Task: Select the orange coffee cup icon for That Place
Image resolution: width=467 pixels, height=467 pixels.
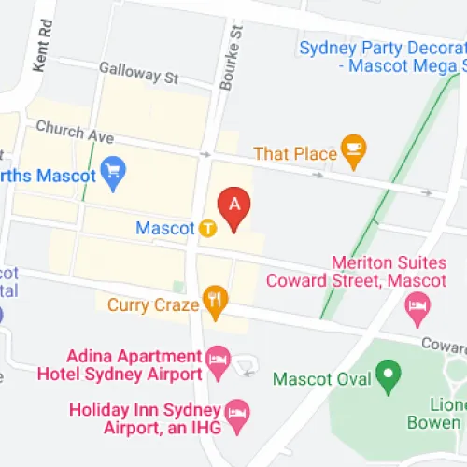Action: coord(354,149)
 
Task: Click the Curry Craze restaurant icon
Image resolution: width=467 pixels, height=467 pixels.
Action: coord(216,303)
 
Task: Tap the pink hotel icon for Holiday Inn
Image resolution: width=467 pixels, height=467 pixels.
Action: coord(238,413)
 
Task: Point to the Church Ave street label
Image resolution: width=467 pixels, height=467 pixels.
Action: coord(74,134)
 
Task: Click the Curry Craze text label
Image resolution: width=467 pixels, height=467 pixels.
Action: coord(153,304)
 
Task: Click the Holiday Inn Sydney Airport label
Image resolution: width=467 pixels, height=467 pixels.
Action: coord(149,419)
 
